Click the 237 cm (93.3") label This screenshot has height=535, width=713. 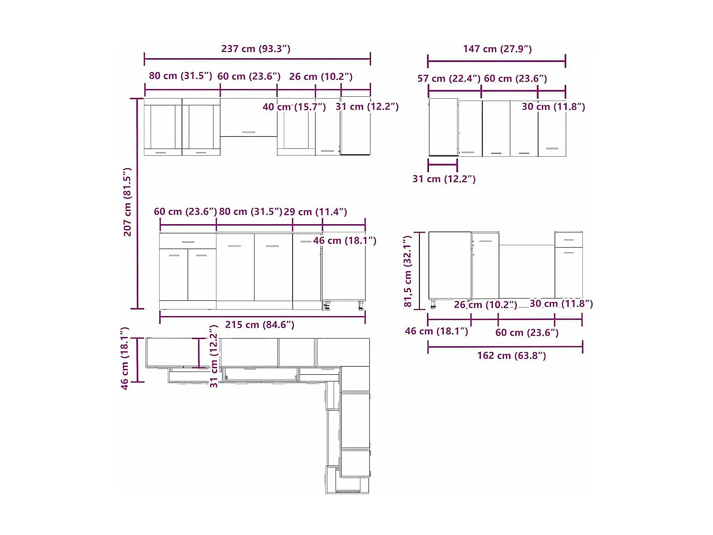[x=255, y=49]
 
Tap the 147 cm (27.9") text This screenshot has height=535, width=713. [x=497, y=49]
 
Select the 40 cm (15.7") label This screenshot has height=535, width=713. [x=294, y=107]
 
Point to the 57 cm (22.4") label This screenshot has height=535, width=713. [x=448, y=79]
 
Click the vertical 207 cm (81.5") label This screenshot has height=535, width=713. [x=127, y=202]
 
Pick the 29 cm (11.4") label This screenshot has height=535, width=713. [x=315, y=212]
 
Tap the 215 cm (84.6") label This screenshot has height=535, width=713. [x=260, y=325]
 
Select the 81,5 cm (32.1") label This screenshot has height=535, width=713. [x=407, y=271]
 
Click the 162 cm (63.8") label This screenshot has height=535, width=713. [x=511, y=356]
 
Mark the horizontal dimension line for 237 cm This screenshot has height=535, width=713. [x=257, y=60]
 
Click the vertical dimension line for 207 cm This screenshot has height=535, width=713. [x=137, y=204]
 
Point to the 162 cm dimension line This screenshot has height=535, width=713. [x=505, y=347]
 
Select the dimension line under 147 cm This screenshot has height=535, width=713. [x=497, y=61]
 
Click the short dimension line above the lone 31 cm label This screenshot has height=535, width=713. [x=443, y=165]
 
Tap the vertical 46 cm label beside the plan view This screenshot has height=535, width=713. [x=124, y=359]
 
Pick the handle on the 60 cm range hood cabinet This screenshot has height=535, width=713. [x=248, y=132]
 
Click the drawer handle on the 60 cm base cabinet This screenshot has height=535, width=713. [x=188, y=242]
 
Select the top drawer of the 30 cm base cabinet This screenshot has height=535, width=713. [x=569, y=239]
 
